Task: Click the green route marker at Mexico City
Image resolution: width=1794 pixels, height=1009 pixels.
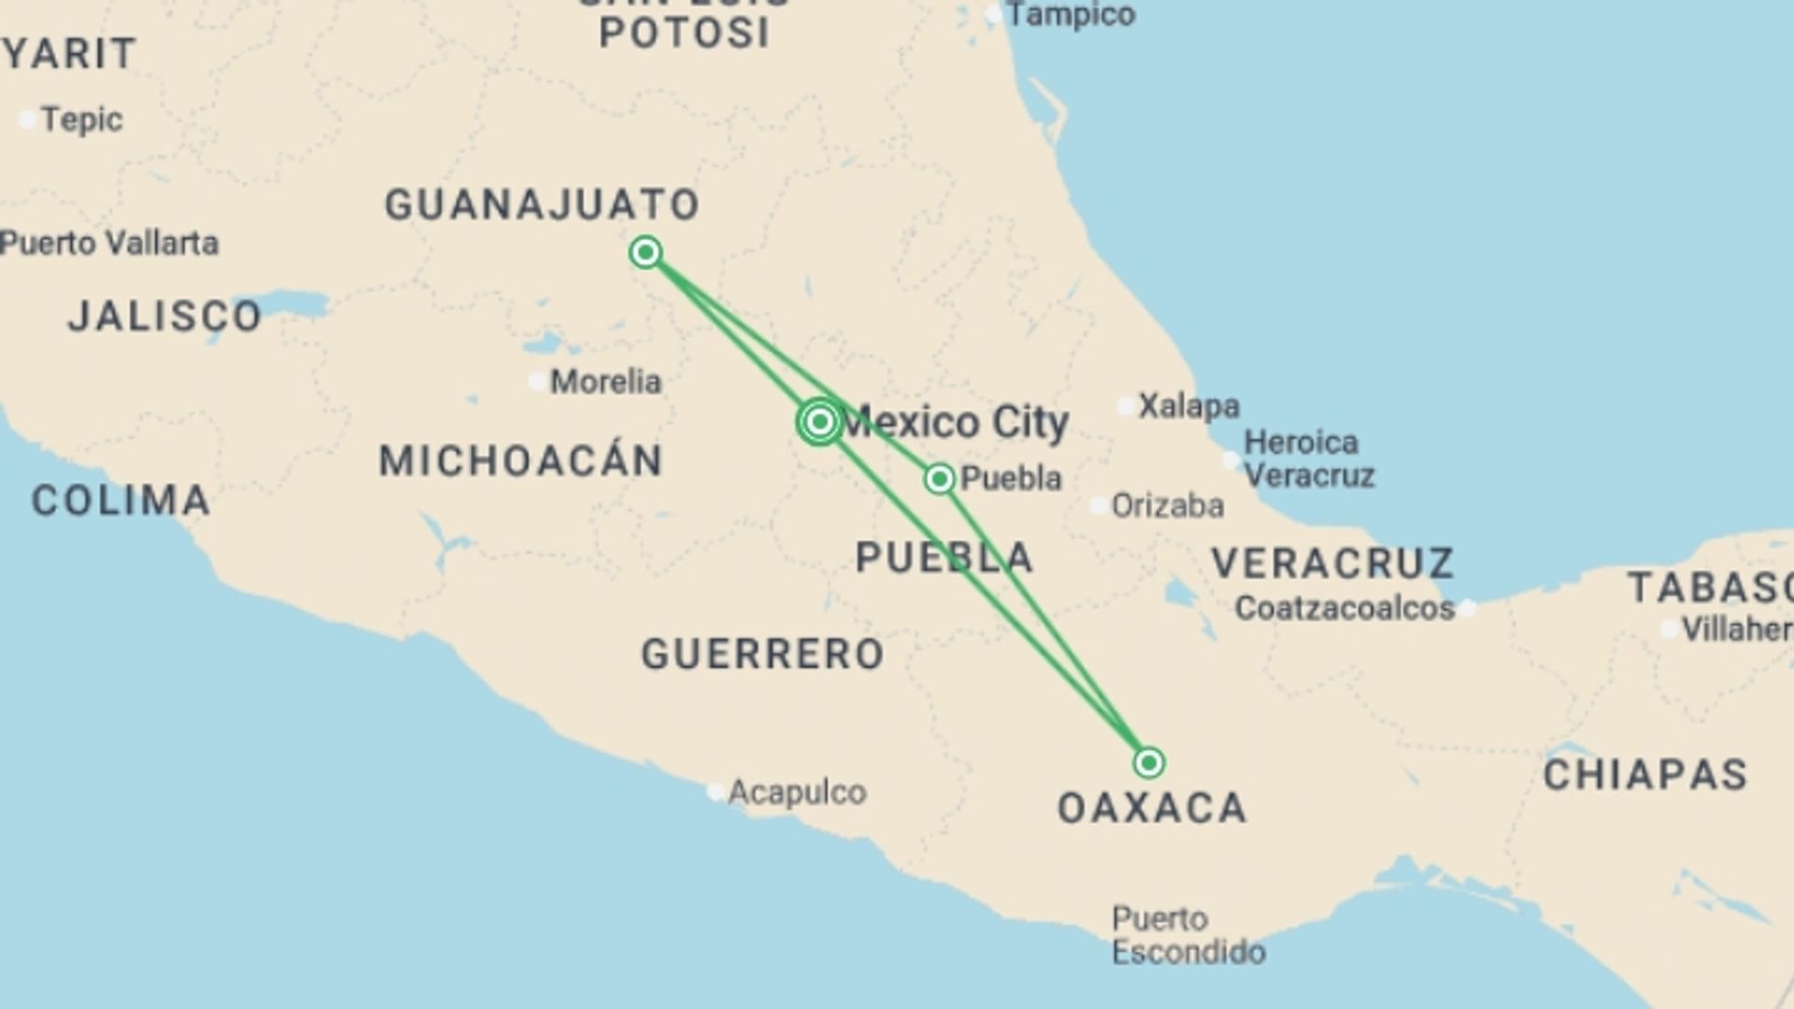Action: click(819, 421)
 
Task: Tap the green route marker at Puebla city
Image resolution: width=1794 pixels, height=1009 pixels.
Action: click(939, 479)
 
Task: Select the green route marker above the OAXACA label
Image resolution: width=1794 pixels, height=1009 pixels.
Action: click(1148, 763)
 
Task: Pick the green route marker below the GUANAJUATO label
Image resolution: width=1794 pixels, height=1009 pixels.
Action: click(645, 252)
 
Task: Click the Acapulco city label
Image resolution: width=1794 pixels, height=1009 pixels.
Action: click(796, 792)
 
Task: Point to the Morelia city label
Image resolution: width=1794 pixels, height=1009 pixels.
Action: click(605, 381)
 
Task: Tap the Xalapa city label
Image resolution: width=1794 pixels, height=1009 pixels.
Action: click(1189, 405)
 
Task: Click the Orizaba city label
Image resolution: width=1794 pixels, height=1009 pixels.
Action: click(1167, 505)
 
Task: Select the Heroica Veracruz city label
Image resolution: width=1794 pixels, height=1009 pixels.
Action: click(1308, 459)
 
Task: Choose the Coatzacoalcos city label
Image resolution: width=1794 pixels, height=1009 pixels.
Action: click(1345, 608)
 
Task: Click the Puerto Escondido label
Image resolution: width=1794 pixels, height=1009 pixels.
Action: click(1188, 935)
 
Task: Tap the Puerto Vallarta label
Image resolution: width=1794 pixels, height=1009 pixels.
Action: click(109, 243)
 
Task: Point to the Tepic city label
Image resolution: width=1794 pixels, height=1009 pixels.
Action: click(81, 120)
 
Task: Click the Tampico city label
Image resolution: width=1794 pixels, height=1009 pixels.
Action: click(1071, 15)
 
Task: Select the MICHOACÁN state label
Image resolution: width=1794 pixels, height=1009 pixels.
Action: click(520, 461)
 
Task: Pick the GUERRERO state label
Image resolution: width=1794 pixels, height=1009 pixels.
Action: click(762, 654)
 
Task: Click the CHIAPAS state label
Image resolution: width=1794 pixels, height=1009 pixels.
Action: click(1644, 775)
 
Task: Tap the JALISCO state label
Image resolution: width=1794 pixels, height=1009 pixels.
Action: click(164, 316)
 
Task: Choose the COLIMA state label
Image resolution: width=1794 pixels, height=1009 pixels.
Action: click(121, 501)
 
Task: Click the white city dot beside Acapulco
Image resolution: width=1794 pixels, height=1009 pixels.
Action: click(716, 792)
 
